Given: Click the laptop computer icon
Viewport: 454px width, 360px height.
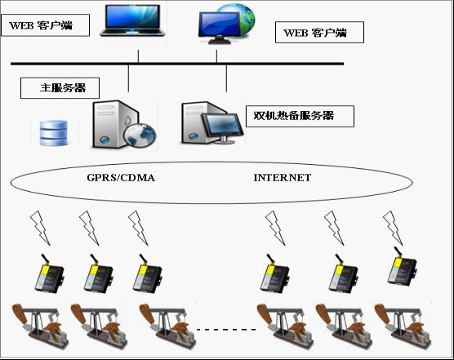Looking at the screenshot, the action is point(132,20).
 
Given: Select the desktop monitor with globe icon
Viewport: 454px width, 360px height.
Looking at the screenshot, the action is point(227,24).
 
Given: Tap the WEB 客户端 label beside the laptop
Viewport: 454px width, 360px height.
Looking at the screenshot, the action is point(45,25).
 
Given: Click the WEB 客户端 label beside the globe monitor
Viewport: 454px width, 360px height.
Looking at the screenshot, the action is point(319,33).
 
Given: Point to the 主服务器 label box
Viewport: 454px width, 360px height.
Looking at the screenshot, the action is point(60,88).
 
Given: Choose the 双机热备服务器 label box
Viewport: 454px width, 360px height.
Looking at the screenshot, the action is point(300,116).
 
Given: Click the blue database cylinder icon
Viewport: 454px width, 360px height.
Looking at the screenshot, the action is point(54,132).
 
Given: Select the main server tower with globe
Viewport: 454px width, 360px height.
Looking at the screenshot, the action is point(124,124).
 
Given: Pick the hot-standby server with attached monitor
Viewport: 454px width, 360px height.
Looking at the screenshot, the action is point(212,122).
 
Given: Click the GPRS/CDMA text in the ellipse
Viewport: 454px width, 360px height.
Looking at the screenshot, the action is point(121,177).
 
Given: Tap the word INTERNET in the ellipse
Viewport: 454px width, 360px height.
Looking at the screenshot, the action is point(283,177).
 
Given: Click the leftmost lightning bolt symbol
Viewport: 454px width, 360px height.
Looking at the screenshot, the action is point(40,228).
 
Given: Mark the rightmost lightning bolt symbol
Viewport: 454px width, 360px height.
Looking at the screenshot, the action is point(393,228).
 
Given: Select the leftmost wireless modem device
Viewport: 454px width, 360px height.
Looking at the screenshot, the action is point(50,274).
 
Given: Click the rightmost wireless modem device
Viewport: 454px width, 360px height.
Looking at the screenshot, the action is point(403,266).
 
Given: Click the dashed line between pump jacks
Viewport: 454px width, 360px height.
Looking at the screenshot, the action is point(226,329).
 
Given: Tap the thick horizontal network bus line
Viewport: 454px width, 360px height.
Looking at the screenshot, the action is point(177,64).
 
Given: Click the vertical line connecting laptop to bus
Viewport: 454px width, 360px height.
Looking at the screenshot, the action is point(138,56).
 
